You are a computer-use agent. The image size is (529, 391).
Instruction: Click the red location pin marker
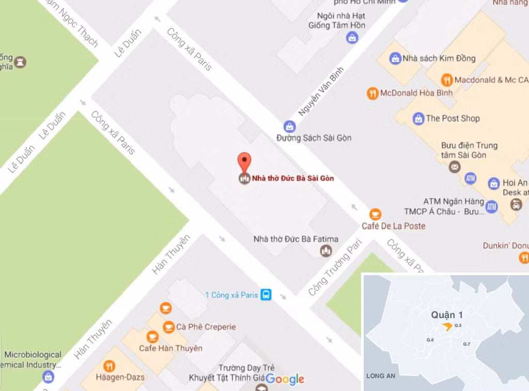tap(244, 162)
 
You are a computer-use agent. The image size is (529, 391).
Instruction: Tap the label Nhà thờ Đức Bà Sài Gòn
tap(292, 178)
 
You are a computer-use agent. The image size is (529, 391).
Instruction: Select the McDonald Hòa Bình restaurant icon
tap(372, 94)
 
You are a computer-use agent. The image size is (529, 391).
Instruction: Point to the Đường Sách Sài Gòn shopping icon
tap(290, 126)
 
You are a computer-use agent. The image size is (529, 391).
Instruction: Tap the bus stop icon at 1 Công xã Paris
tap(266, 295)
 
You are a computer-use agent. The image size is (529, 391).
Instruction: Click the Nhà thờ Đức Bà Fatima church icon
tap(325, 251)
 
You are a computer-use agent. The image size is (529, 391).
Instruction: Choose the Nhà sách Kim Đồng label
tap(439, 58)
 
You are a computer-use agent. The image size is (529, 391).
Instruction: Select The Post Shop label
tap(453, 118)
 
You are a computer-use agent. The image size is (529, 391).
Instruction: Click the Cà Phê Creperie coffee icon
tap(168, 327)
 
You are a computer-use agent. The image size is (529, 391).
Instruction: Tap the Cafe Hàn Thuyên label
tap(170, 348)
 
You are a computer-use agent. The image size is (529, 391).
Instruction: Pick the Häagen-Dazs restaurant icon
tap(109, 366)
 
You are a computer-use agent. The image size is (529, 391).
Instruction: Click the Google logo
tap(285, 379)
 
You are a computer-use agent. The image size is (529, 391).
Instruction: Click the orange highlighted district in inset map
tap(446, 326)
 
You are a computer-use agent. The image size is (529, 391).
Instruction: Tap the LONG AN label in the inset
tap(381, 376)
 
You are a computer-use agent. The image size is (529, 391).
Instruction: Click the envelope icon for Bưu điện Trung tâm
tap(454, 167)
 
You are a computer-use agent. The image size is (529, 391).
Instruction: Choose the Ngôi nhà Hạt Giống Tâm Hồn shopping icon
tap(352, 37)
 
